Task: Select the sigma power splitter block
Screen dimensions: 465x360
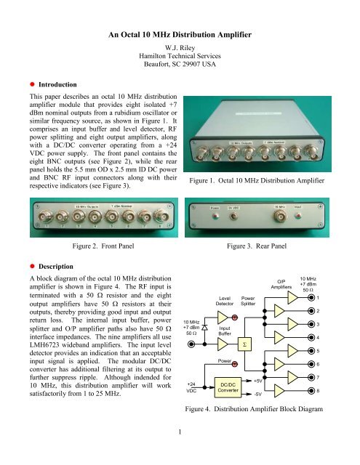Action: [248, 345]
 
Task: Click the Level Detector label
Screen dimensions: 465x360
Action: [225, 301]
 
